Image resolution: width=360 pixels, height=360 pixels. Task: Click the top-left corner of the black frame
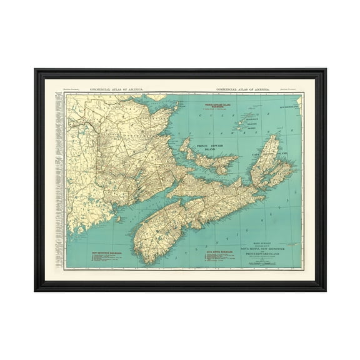[x=36, y=70]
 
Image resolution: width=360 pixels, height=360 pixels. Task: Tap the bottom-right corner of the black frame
[x=325, y=291]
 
